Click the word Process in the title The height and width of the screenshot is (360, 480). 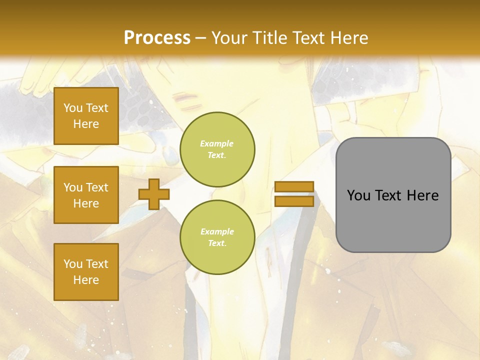point(157,38)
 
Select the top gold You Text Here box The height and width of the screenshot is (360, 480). point(86,116)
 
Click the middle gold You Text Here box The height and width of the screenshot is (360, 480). point(86,195)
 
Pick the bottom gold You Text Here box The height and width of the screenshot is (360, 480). point(86,272)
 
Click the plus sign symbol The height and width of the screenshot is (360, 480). point(154,193)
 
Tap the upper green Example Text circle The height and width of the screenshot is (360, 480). point(217,149)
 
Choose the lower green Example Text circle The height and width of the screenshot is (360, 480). point(217,237)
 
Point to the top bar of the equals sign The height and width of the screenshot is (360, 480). point(294,186)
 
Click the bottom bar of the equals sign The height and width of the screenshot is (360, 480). point(294,201)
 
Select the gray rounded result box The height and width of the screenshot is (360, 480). point(393,195)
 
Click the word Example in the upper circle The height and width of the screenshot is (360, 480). point(217,144)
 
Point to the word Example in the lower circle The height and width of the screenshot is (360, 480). point(217,232)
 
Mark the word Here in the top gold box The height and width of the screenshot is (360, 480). point(86,124)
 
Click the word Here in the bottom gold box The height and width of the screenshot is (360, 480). point(86,280)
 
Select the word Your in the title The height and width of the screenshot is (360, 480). point(229,38)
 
